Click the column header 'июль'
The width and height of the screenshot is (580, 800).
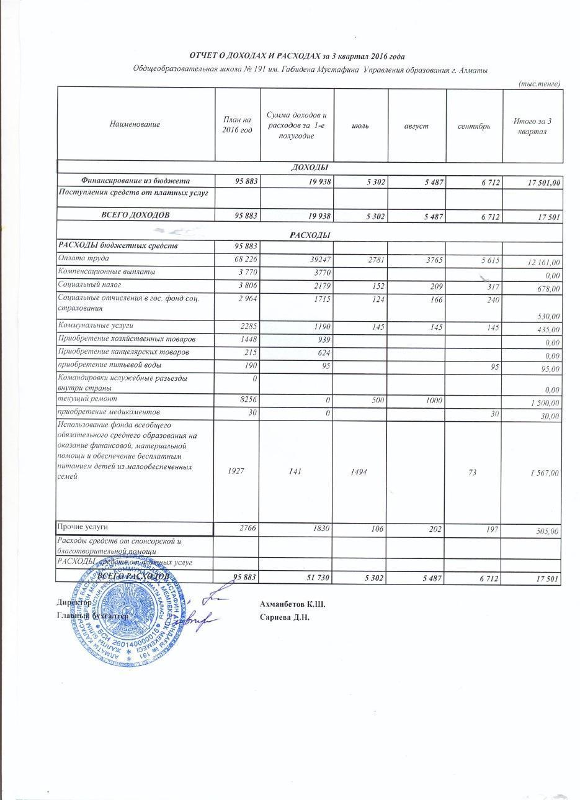click(360, 126)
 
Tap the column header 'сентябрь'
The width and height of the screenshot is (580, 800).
click(474, 126)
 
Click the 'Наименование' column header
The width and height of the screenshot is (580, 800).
click(135, 124)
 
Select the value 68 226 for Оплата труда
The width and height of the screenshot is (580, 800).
click(244, 258)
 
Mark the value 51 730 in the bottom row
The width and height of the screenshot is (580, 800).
click(314, 578)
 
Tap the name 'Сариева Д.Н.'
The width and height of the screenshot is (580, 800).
click(285, 617)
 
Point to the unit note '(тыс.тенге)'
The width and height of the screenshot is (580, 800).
click(539, 83)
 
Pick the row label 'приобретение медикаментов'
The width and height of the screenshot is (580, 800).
click(109, 412)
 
